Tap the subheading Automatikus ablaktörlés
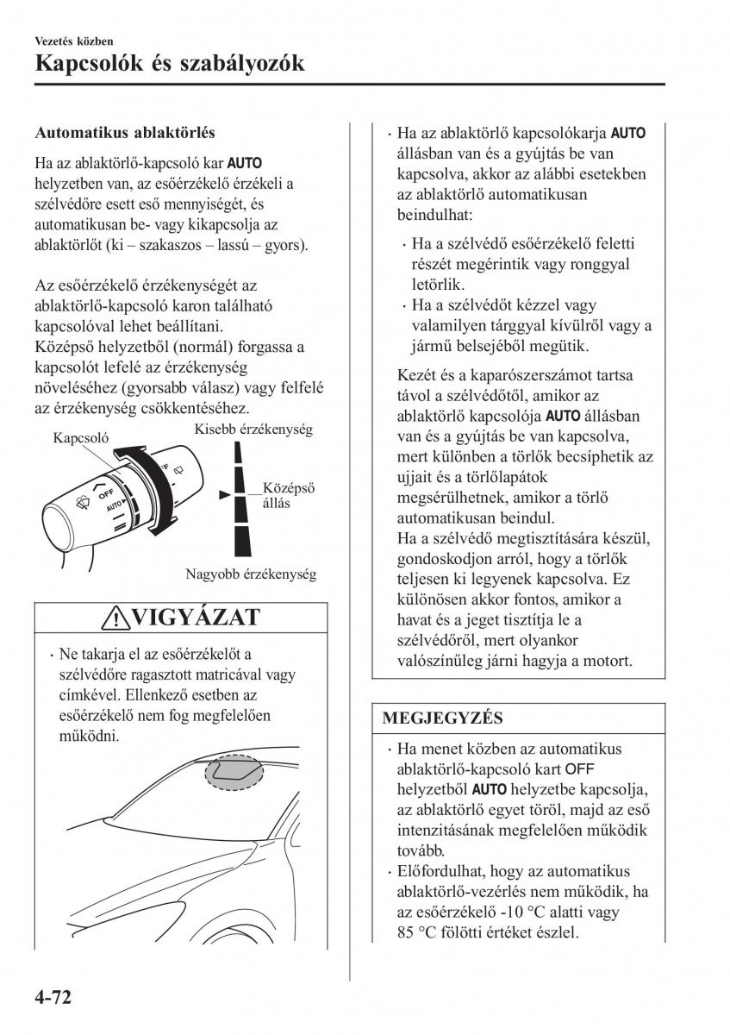click(x=124, y=133)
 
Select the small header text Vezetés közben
click(x=74, y=41)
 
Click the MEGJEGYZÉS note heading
click(x=442, y=718)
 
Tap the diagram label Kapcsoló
click(x=80, y=437)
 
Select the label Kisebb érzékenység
click(x=253, y=429)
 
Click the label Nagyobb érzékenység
click(x=251, y=574)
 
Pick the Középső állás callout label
click(x=288, y=495)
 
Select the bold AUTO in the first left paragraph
click(x=246, y=162)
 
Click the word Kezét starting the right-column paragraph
click(x=417, y=375)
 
